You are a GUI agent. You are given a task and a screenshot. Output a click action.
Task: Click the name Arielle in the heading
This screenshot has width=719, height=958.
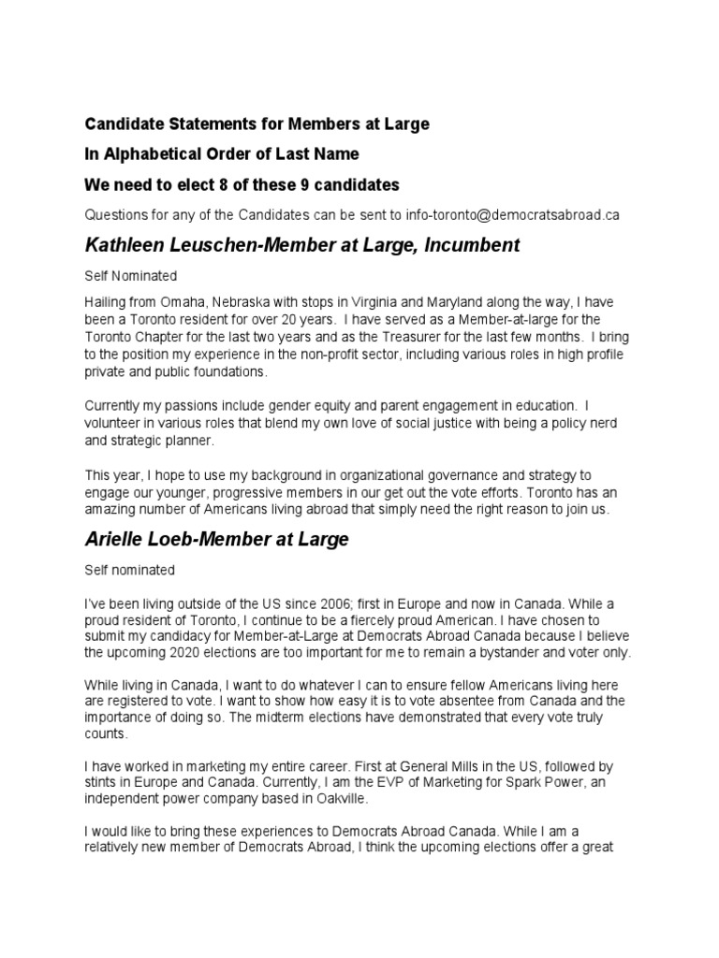pyautogui.click(x=113, y=539)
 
